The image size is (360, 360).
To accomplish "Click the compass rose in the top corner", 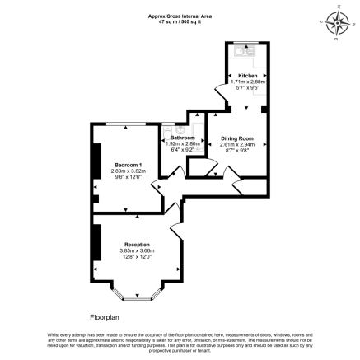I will point(337,21).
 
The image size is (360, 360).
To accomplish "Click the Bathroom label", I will point(182,137).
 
